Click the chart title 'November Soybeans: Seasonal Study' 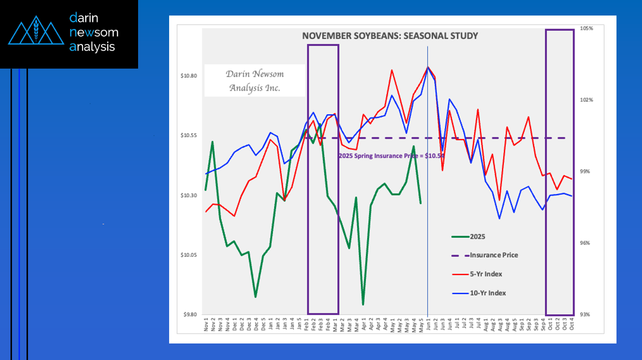click(x=390, y=36)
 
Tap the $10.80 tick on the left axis click(x=189, y=76)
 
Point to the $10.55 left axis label click(x=189, y=136)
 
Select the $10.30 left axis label click(x=189, y=195)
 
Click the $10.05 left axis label click(x=189, y=255)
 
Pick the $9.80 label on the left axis click(x=190, y=314)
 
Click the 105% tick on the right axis click(x=587, y=29)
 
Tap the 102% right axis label click(x=587, y=100)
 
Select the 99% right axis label click(x=586, y=172)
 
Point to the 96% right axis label click(x=586, y=243)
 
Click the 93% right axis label click(x=586, y=314)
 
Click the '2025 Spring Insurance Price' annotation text click(x=391, y=156)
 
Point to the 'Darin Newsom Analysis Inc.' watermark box click(x=254, y=81)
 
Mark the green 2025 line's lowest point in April click(x=363, y=304)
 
